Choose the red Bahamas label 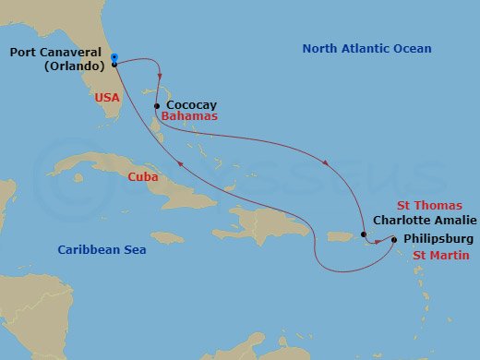[188, 118]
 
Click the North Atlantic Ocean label [367, 49]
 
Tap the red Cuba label [142, 176]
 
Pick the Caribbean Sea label [102, 249]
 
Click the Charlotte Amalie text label [424, 220]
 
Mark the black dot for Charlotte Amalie [365, 234]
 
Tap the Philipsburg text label [438, 238]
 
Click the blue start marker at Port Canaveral [114, 58]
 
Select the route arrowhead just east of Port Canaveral [161, 77]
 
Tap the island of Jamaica [167, 237]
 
